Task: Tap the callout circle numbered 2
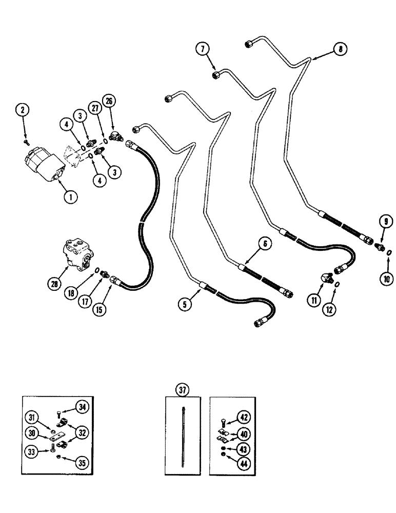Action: click(22, 109)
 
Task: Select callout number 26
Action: click(109, 101)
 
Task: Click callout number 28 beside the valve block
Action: click(54, 283)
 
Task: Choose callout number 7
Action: click(202, 49)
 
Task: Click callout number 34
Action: click(81, 407)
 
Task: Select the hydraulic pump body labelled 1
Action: click(44, 164)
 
